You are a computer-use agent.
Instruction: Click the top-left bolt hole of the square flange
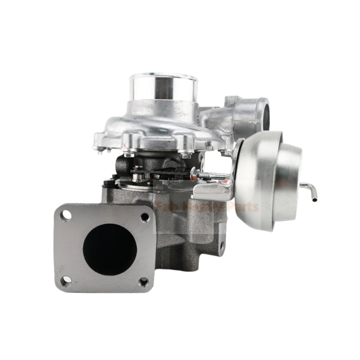click(66, 216)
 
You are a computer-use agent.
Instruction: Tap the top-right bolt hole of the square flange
click(144, 217)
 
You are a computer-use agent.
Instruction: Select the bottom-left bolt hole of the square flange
click(66, 281)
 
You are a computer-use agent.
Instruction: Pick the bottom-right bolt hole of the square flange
click(143, 282)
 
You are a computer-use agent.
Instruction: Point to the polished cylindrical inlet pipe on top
click(163, 88)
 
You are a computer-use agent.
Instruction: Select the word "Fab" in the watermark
click(167, 207)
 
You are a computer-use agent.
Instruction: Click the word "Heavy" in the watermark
click(200, 207)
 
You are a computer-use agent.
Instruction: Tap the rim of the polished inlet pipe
click(163, 76)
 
